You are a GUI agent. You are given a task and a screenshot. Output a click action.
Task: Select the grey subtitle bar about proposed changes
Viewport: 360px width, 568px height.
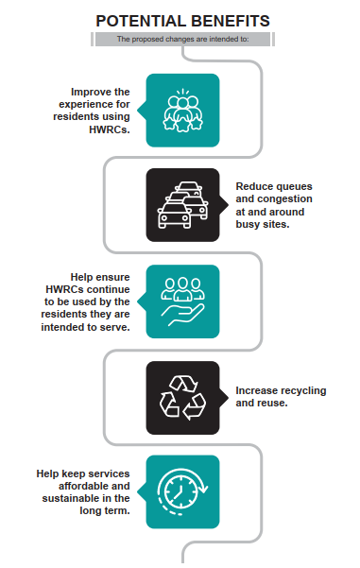tap(182, 39)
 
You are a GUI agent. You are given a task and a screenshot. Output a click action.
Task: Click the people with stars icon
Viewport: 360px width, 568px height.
tap(183, 110)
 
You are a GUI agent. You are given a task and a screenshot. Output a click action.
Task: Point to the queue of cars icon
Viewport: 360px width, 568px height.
tap(183, 205)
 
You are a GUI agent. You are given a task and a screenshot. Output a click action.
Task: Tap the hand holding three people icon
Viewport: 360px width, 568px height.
tap(183, 301)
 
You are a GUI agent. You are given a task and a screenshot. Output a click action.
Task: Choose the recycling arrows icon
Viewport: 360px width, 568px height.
tap(183, 397)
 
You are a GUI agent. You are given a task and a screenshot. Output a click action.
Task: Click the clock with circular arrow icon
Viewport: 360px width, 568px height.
tap(183, 492)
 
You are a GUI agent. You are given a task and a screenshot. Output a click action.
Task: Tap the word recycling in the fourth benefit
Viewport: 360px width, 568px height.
tap(303, 390)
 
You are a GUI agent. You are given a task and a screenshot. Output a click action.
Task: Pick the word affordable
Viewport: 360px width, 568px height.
tap(85, 486)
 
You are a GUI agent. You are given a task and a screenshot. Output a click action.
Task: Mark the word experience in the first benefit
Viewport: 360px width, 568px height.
tap(86, 105)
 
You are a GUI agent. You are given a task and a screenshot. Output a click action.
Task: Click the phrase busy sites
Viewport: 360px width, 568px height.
tap(263, 224)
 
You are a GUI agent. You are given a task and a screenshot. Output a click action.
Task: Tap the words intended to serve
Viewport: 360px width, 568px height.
tap(85, 327)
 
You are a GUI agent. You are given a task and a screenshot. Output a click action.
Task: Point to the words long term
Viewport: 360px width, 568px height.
tap(105, 510)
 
